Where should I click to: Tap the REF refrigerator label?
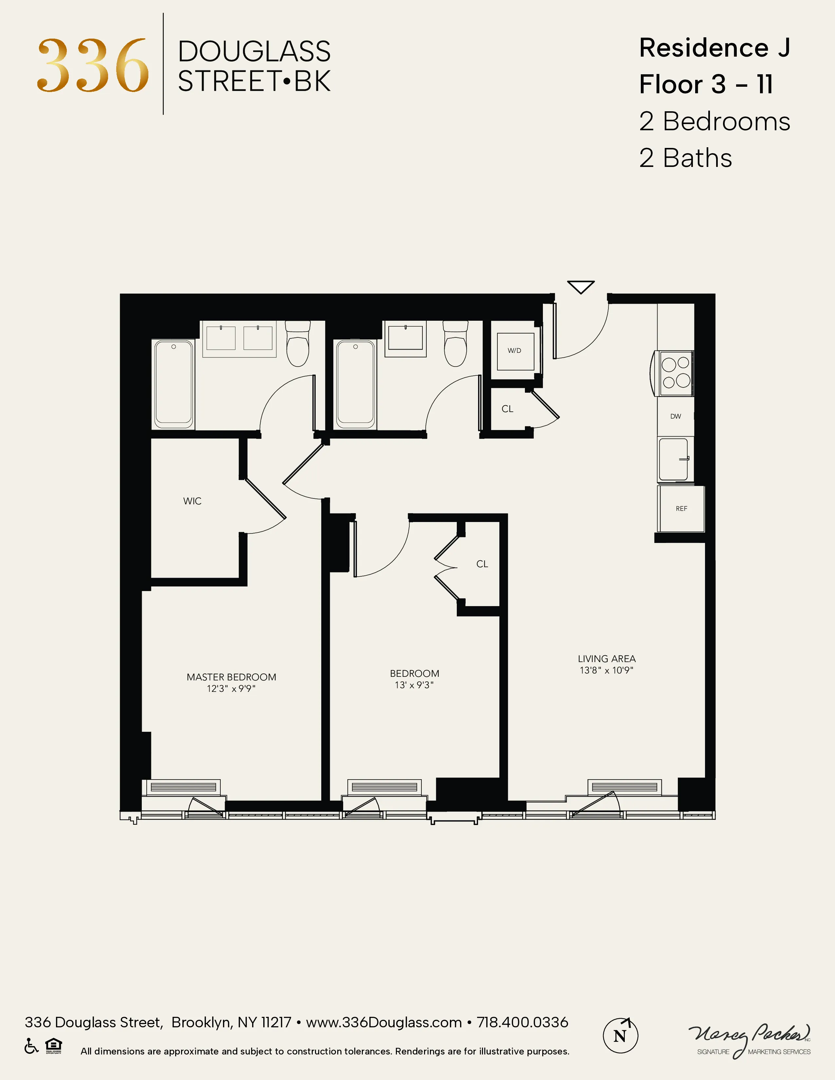[x=681, y=508]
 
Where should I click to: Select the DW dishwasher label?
[x=675, y=416]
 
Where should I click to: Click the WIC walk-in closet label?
[x=192, y=501]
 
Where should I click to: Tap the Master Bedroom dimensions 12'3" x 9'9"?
[x=231, y=688]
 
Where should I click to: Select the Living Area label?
[x=606, y=659]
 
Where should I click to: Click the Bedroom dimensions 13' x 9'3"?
[x=414, y=685]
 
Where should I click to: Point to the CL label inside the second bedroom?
[x=482, y=564]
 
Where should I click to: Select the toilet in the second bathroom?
[x=455, y=344]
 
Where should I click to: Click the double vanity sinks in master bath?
[x=239, y=338]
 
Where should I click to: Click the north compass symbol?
[x=620, y=1035]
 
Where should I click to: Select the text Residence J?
[x=714, y=48]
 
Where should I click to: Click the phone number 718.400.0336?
[x=522, y=1022]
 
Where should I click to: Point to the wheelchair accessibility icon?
[x=31, y=1046]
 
